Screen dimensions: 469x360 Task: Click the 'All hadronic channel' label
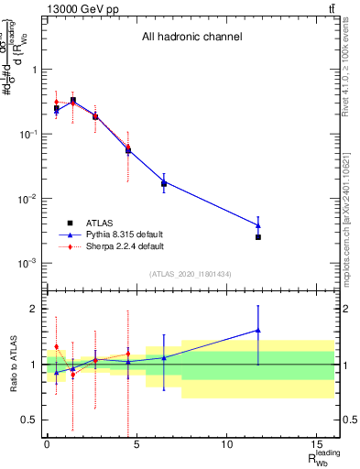pos(191,38)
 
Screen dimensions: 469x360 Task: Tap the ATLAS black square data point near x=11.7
pos(258,237)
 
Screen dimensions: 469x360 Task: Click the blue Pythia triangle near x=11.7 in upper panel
pos(258,225)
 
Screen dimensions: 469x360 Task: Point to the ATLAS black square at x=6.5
pos(164,184)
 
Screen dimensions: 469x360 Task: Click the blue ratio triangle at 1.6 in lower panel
pos(258,330)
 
